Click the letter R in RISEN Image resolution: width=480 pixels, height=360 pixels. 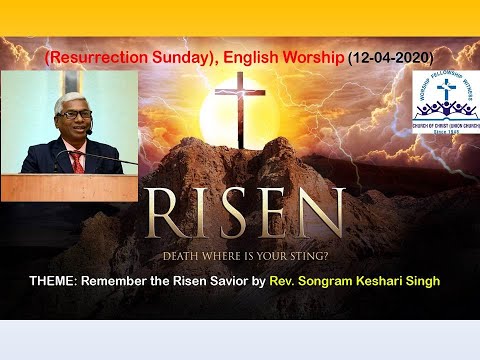[165, 212]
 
